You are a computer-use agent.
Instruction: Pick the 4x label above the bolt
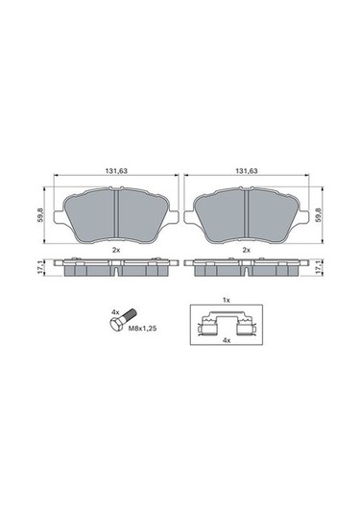tap(115, 311)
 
